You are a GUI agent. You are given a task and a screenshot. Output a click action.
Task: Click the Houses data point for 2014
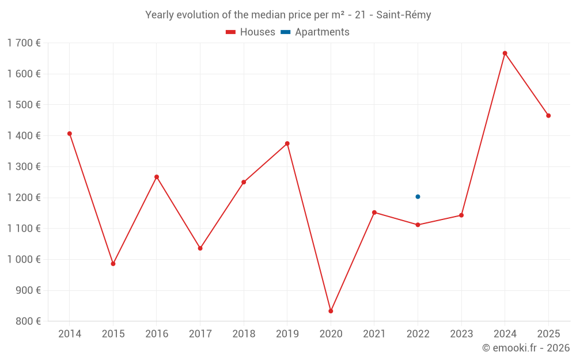click(70, 134)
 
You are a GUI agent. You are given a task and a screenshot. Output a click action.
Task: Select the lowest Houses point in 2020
click(331, 311)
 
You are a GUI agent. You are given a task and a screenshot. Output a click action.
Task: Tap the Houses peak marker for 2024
click(505, 53)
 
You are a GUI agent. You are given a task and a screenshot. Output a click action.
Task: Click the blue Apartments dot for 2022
click(418, 197)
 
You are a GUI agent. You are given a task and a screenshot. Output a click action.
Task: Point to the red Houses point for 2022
click(418, 225)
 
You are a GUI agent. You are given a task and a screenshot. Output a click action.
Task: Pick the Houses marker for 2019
click(287, 143)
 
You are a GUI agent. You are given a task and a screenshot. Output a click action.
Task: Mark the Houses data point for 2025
click(548, 116)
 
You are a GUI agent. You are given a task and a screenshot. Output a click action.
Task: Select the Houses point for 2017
click(200, 248)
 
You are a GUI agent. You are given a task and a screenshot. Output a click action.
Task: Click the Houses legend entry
click(251, 32)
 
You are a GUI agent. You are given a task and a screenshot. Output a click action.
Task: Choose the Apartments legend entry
click(315, 32)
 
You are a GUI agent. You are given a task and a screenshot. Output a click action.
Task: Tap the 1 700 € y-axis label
click(24, 43)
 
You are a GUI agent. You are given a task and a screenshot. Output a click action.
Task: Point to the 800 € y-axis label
click(27, 321)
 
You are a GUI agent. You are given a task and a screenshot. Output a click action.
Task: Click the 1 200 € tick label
click(24, 198)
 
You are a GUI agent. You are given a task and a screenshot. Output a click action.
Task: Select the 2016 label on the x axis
click(157, 334)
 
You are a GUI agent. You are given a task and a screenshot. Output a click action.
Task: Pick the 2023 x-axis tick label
click(461, 334)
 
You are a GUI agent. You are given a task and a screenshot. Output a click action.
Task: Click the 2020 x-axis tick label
click(331, 334)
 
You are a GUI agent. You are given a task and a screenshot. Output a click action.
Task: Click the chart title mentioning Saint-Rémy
click(288, 15)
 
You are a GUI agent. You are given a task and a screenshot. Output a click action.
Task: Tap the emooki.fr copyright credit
click(525, 348)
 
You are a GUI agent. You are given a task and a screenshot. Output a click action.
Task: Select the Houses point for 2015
click(113, 264)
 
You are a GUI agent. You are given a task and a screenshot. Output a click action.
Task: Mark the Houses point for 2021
click(374, 213)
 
